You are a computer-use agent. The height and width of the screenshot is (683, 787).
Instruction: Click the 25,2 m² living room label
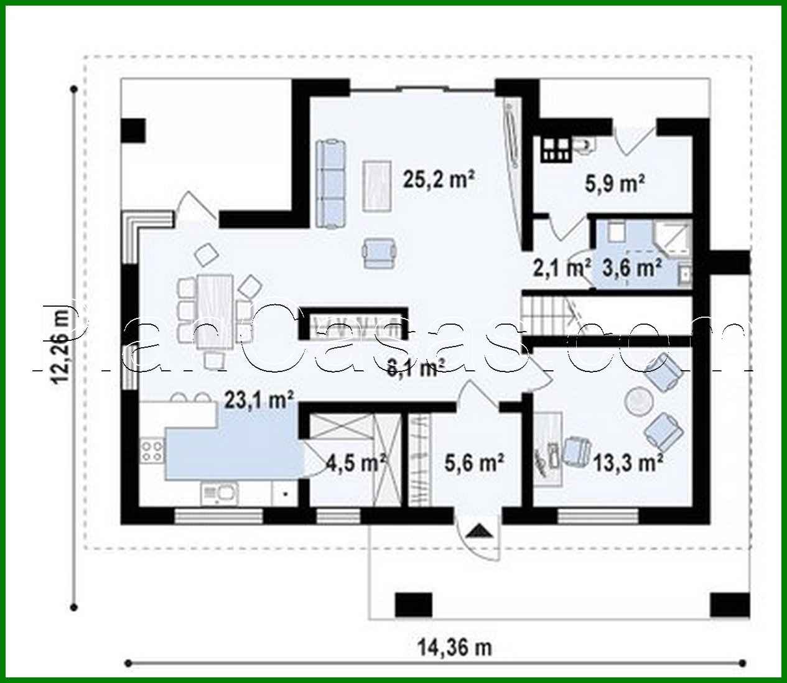coord(439,180)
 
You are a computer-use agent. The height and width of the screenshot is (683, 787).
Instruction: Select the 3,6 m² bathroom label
coord(631,269)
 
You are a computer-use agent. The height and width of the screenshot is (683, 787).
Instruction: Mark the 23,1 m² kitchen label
coord(259,400)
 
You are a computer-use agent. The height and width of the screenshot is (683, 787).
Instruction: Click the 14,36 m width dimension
coord(454,648)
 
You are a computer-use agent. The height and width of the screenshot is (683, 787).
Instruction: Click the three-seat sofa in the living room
coord(330,184)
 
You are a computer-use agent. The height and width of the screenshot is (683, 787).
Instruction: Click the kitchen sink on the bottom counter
coord(220,494)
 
